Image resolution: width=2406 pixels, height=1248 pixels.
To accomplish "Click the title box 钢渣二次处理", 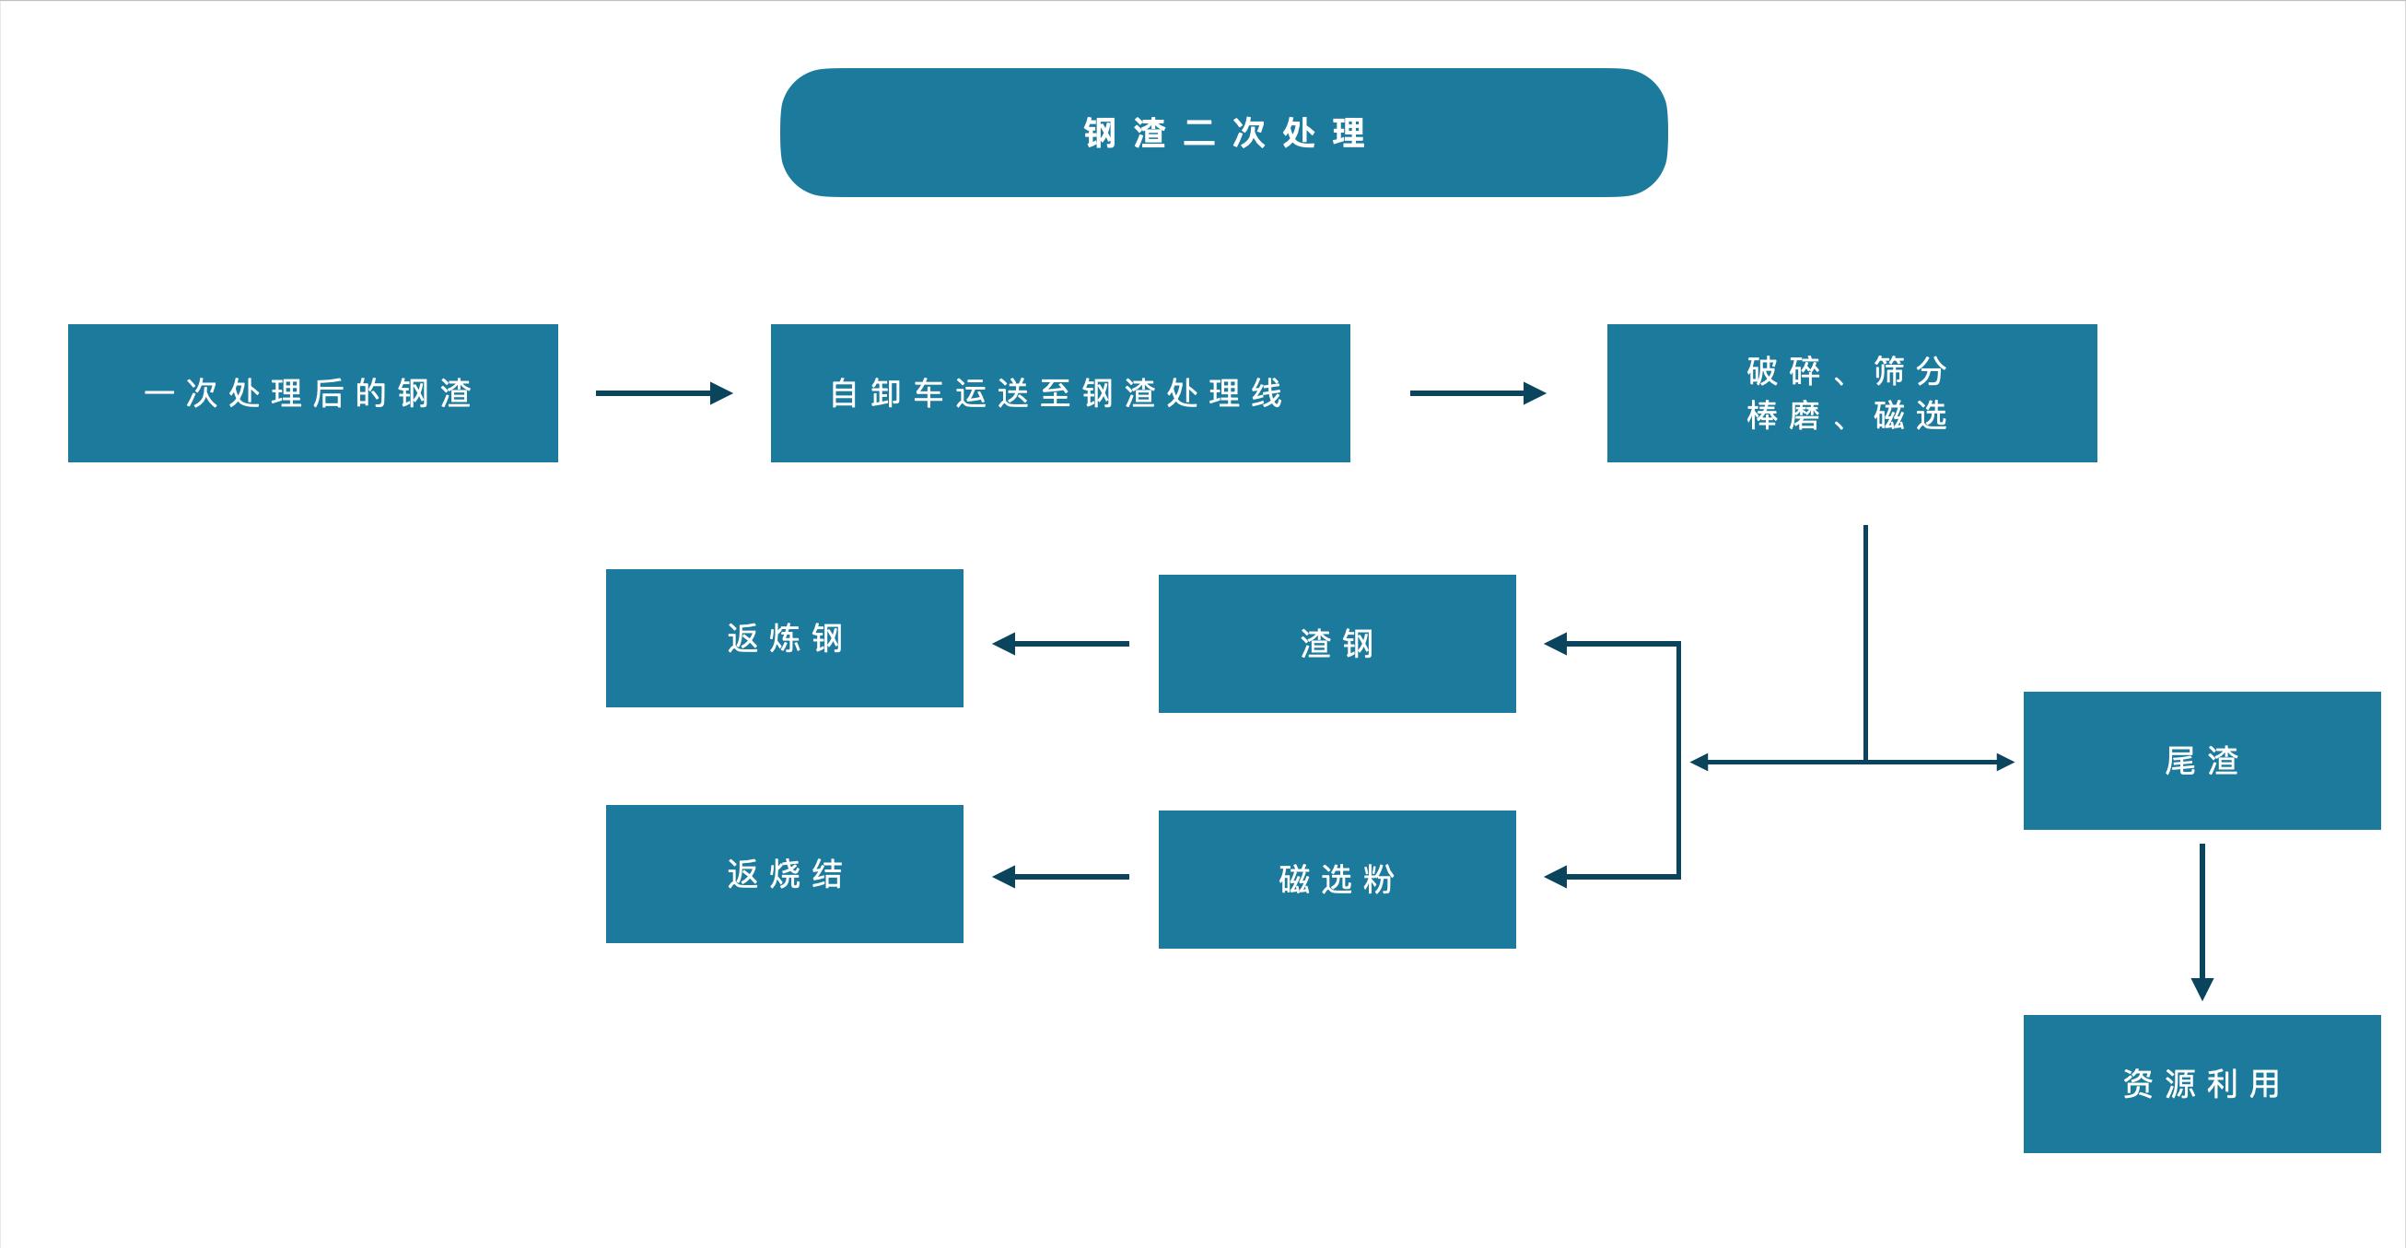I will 1223,132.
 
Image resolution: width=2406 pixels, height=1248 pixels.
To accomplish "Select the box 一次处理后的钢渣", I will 313,393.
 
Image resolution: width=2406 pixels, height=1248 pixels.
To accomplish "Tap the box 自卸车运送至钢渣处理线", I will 1060,393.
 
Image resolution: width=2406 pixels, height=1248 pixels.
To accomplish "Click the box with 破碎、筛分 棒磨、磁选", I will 1851,393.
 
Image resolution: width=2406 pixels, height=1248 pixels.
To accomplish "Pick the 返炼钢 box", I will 785,638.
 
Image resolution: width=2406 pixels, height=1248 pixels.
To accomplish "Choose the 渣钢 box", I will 1337,644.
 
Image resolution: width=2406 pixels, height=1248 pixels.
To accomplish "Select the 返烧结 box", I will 785,874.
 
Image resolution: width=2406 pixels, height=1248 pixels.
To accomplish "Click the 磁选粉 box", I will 1337,879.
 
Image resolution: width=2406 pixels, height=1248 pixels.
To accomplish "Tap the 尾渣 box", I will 2202,761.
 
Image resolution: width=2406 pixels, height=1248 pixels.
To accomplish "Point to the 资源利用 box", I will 2202,1083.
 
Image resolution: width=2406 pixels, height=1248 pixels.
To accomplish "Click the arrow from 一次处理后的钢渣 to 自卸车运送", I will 663,393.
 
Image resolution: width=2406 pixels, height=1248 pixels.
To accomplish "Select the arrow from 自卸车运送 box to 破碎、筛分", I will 1477,393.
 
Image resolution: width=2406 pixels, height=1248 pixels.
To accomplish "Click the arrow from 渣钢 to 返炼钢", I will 1060,644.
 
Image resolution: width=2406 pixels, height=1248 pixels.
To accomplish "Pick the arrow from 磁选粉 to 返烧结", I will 1060,877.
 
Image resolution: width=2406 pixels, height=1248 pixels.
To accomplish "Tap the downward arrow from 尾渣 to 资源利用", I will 2202,920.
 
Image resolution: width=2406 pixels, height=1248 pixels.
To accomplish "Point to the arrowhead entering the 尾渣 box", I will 2004,763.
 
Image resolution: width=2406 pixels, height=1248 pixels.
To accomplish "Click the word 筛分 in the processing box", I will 1910,371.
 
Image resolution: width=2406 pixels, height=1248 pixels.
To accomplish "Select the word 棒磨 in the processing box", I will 1783,415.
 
